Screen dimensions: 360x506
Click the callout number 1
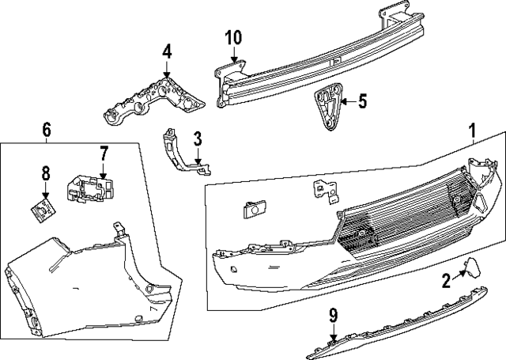pos(473,130)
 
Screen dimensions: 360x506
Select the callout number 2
pos(446,279)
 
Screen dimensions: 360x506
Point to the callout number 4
pos(167,53)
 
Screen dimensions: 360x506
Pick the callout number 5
pos(362,100)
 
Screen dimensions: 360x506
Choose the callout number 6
pos(46,129)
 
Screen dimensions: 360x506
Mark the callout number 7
pos(103,152)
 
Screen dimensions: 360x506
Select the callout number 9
pos(333,316)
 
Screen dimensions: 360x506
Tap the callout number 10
pos(233,37)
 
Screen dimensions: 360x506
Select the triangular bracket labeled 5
pos(327,109)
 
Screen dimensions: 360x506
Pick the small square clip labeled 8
pos(41,209)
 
